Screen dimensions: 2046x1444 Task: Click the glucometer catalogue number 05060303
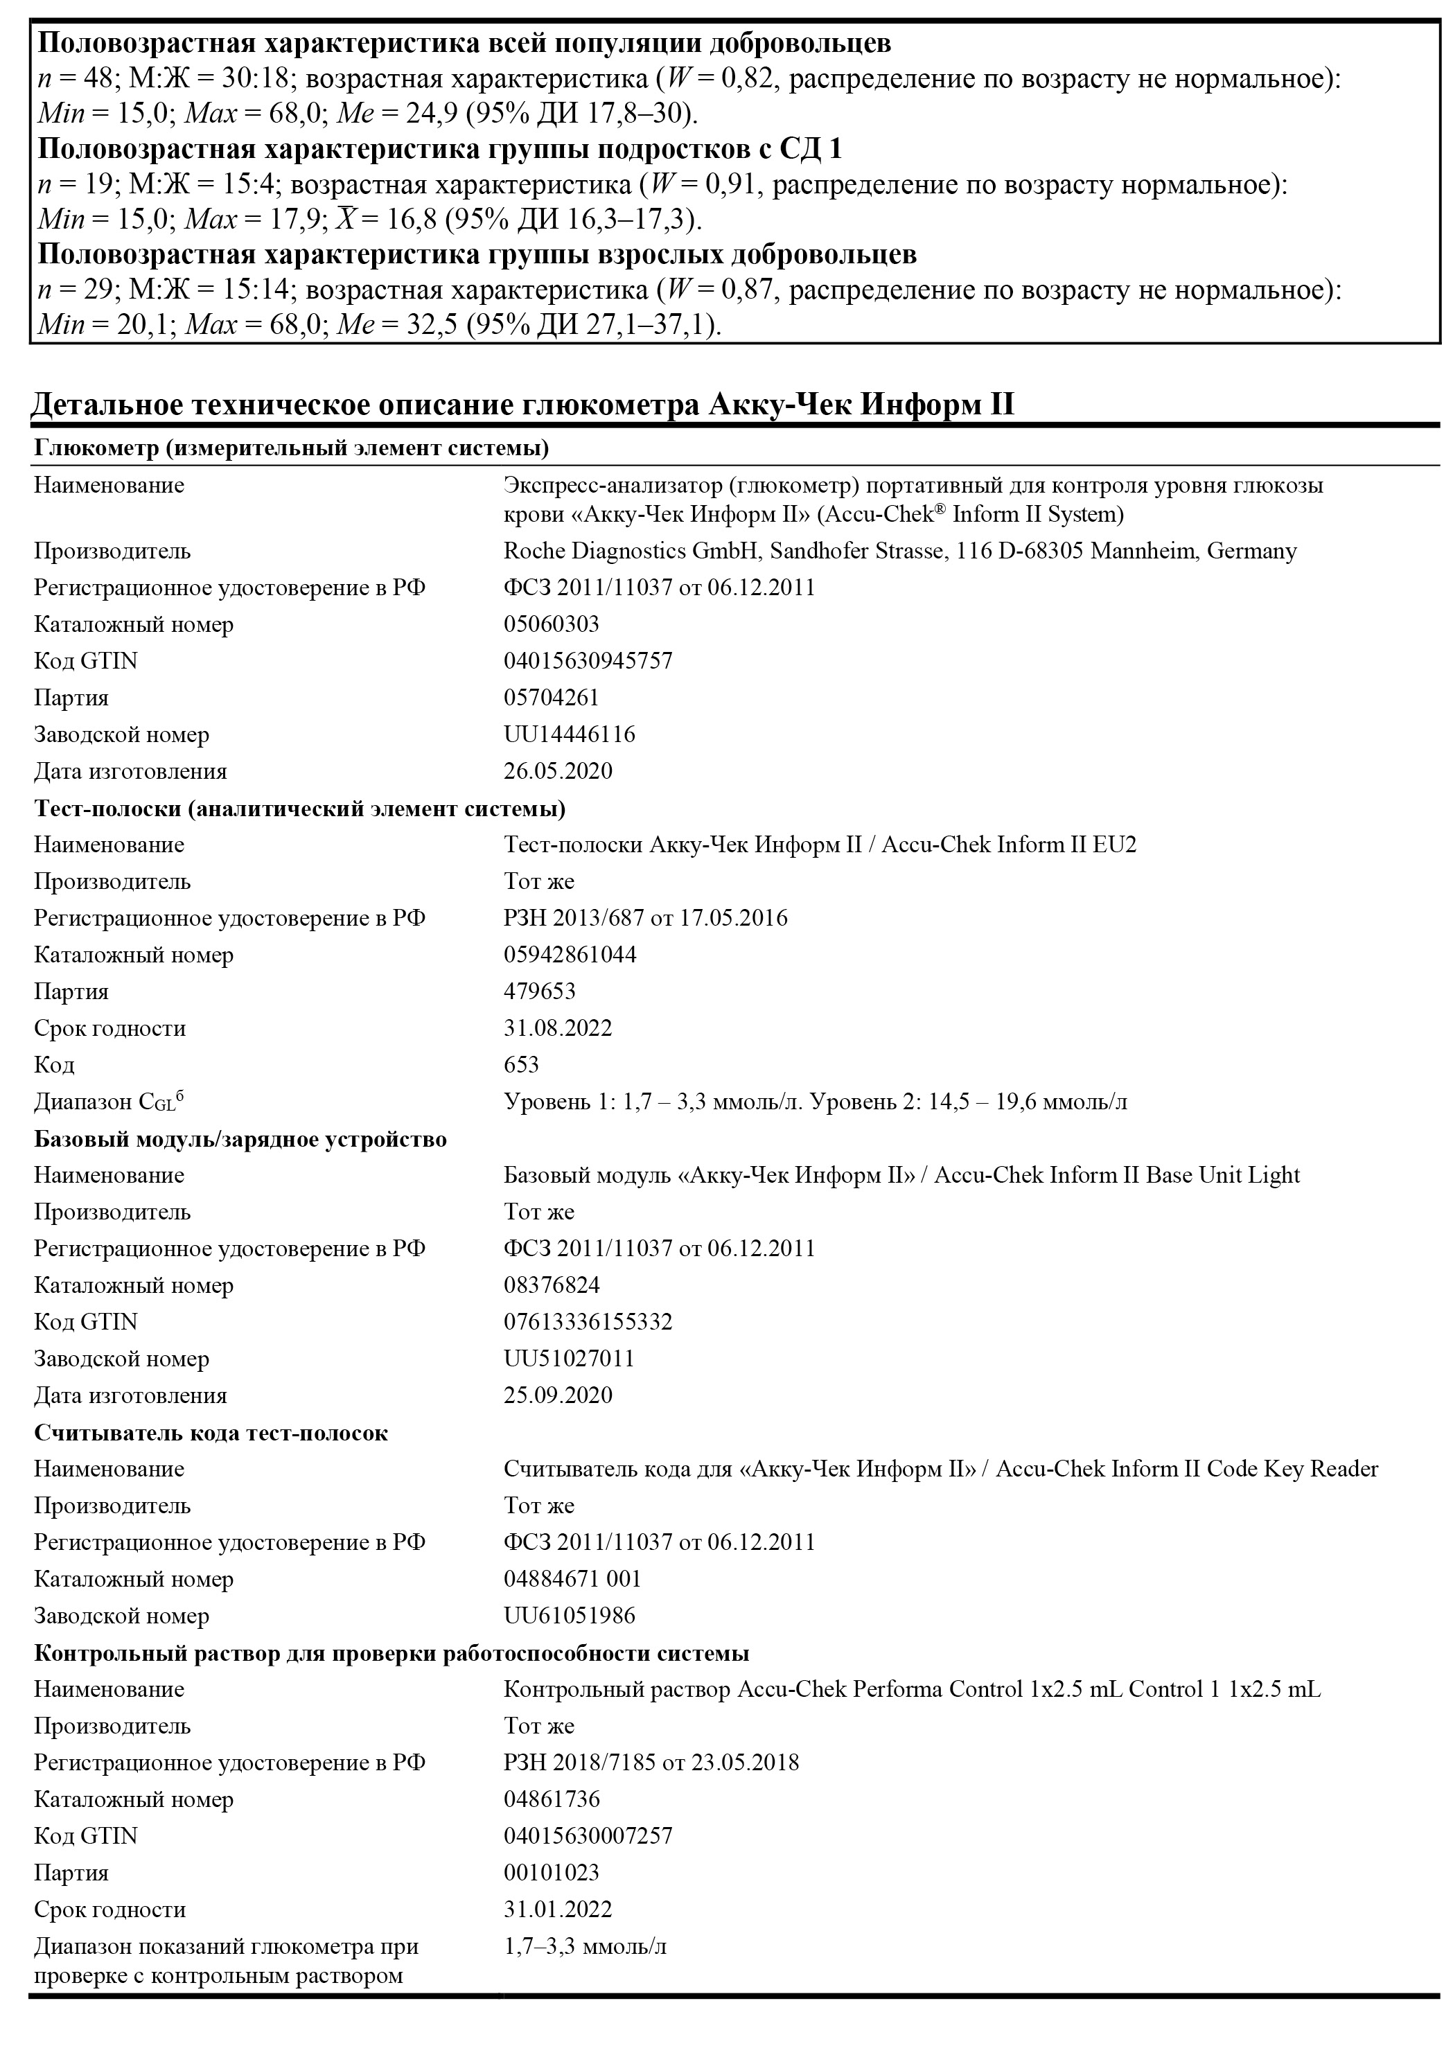tap(551, 624)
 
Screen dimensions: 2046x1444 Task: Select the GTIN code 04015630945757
tap(588, 660)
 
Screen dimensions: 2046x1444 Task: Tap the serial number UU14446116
tap(569, 734)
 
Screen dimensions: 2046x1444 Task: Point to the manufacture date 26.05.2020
tap(558, 771)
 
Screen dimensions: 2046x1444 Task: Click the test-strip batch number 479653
tap(539, 991)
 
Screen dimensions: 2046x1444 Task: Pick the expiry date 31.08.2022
tap(558, 1028)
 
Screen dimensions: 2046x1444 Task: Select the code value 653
tap(522, 1064)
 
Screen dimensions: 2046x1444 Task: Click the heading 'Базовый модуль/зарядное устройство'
tap(240, 1139)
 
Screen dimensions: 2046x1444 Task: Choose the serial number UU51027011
tap(569, 1358)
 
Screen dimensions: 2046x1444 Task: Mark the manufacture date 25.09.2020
tap(558, 1395)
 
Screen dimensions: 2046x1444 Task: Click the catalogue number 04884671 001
tap(572, 1578)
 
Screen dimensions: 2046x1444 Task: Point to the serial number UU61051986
tap(569, 1615)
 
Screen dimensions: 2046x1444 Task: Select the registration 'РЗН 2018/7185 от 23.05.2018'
tap(651, 1762)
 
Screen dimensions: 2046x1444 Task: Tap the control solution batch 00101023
tap(551, 1871)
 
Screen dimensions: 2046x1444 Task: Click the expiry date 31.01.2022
tap(558, 1909)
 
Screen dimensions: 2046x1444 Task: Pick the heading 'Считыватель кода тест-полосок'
tap(211, 1432)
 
